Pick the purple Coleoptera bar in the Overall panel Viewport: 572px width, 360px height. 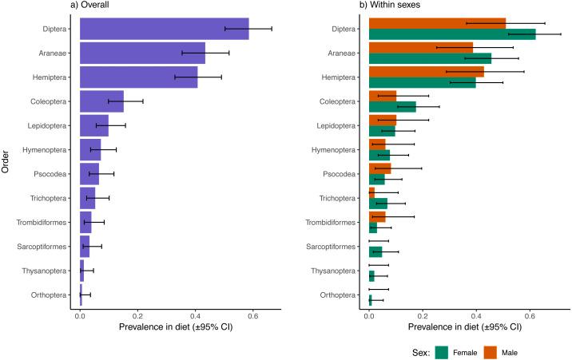point(101,101)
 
